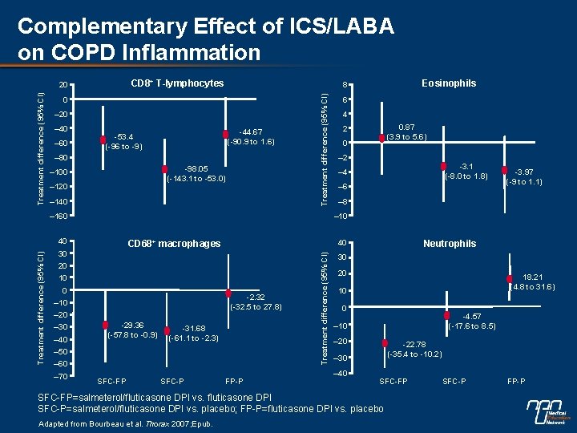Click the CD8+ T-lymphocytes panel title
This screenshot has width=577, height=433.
177,83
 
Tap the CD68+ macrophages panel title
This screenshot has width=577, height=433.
172,243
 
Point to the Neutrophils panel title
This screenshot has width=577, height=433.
450,243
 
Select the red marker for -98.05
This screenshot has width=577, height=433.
165,169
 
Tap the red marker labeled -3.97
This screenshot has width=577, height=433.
505,170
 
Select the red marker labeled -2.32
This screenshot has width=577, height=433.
228,293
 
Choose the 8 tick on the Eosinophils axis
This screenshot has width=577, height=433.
343,85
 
